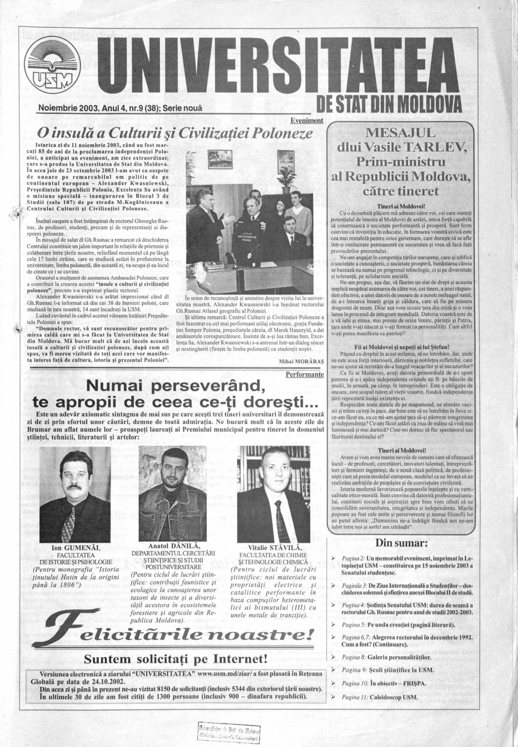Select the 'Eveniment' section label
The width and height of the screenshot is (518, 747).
(x=307, y=121)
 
